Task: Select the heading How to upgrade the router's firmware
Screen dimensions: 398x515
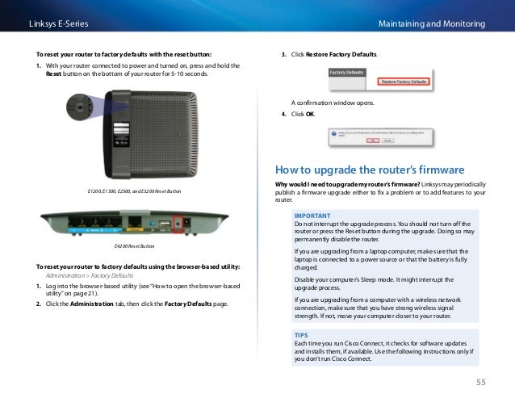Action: click(370, 170)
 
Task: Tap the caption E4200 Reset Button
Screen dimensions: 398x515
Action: click(135, 245)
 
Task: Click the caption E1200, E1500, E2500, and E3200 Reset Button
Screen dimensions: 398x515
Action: click(135, 191)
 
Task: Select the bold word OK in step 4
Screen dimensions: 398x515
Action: click(310, 114)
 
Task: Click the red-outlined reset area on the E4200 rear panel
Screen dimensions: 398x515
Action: click(187, 221)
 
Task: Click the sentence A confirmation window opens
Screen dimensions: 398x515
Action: click(330, 103)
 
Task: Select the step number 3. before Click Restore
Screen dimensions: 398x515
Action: click(283, 53)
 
